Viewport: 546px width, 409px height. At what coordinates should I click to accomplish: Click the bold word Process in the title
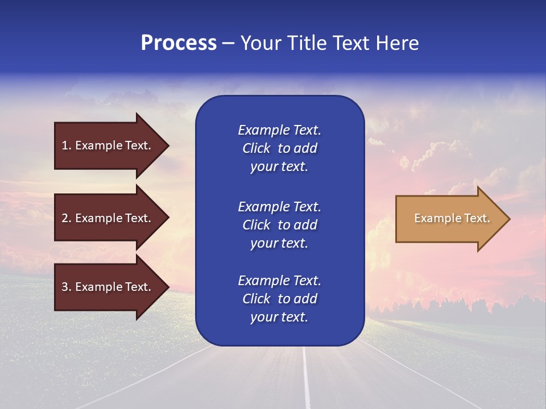tap(179, 43)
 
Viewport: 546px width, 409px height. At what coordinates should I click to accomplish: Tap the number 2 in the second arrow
tap(65, 218)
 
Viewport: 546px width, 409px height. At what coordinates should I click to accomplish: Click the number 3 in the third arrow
tap(65, 287)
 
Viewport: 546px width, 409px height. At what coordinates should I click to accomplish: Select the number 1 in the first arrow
tap(65, 145)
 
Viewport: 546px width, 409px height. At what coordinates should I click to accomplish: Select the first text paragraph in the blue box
tap(279, 148)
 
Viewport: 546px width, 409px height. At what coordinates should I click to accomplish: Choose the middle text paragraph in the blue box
tap(279, 225)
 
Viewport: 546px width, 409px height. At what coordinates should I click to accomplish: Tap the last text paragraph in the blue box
tap(279, 299)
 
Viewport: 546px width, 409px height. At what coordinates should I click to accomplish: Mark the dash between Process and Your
tap(228, 44)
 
